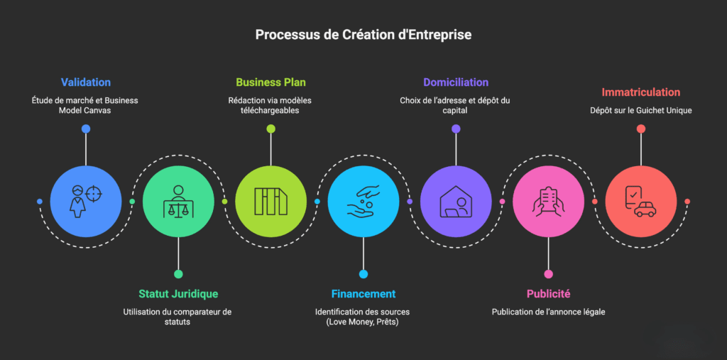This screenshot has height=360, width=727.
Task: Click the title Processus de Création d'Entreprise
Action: click(x=363, y=34)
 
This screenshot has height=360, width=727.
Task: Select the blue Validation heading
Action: click(x=86, y=82)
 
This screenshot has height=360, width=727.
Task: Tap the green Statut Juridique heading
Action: click(x=178, y=294)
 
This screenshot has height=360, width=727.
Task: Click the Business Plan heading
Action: click(x=270, y=82)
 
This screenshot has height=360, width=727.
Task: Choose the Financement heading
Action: click(x=363, y=294)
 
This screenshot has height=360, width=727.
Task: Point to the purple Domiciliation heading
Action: click(x=456, y=82)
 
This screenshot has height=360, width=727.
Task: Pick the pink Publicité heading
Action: click(x=548, y=294)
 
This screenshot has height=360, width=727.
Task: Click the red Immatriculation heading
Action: click(x=640, y=92)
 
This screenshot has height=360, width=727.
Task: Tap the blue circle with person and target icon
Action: click(x=86, y=202)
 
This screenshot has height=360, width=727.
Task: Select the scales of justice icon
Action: click(x=178, y=202)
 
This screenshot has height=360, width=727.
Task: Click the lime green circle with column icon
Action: click(x=270, y=202)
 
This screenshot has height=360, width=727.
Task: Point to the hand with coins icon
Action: click(x=363, y=202)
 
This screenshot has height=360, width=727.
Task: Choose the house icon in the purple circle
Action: click(x=456, y=202)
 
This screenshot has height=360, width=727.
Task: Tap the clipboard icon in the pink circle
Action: click(x=548, y=202)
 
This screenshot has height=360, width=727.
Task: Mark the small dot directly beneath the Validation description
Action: click(x=86, y=129)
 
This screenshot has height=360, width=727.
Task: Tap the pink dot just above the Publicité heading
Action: click(x=548, y=274)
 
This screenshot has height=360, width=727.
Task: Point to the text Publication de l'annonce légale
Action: click(x=548, y=312)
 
